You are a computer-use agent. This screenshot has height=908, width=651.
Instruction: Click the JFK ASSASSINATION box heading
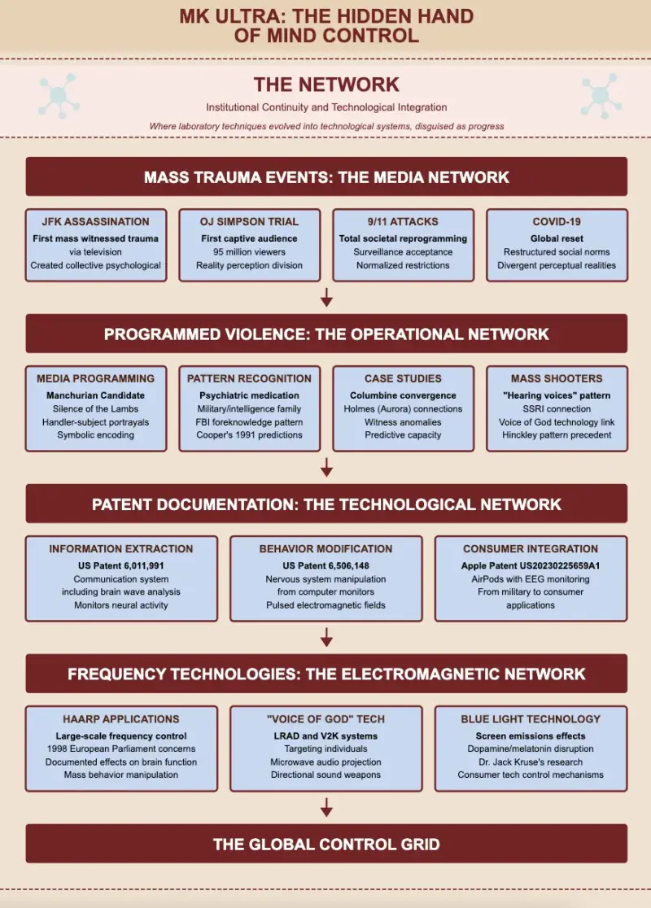click(x=95, y=222)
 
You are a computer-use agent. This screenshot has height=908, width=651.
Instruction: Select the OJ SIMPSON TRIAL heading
click(x=249, y=222)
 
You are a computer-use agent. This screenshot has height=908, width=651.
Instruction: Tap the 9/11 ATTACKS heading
click(x=403, y=222)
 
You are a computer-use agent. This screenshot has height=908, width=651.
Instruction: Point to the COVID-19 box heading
click(x=557, y=222)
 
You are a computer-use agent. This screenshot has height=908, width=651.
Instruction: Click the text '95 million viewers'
click(x=249, y=252)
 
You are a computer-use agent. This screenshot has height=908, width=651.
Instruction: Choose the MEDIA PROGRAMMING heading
click(x=95, y=378)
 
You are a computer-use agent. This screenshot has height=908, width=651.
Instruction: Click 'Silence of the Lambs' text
click(x=95, y=408)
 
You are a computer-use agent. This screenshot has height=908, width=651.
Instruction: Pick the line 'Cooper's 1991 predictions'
click(x=249, y=435)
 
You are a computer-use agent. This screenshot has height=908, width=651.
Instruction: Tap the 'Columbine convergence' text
click(x=403, y=395)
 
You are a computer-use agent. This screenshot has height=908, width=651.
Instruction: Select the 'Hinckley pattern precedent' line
click(x=557, y=435)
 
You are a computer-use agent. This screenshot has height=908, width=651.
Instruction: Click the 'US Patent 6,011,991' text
click(x=121, y=565)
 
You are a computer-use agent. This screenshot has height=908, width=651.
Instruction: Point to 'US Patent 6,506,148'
click(x=326, y=565)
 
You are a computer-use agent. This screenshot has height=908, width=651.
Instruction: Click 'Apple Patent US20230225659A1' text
click(x=531, y=565)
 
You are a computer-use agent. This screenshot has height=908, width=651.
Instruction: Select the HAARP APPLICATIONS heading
click(x=121, y=719)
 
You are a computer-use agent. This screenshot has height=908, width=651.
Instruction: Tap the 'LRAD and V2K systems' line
click(x=326, y=736)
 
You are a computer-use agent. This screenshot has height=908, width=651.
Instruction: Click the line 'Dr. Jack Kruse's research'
click(x=531, y=762)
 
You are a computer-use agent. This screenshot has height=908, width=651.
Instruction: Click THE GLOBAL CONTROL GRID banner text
click(x=326, y=845)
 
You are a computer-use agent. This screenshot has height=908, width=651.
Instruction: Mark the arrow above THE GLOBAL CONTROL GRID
click(x=326, y=807)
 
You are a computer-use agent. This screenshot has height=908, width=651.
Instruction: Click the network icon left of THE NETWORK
click(x=59, y=95)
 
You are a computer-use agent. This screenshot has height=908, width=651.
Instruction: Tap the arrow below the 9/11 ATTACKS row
click(x=326, y=297)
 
